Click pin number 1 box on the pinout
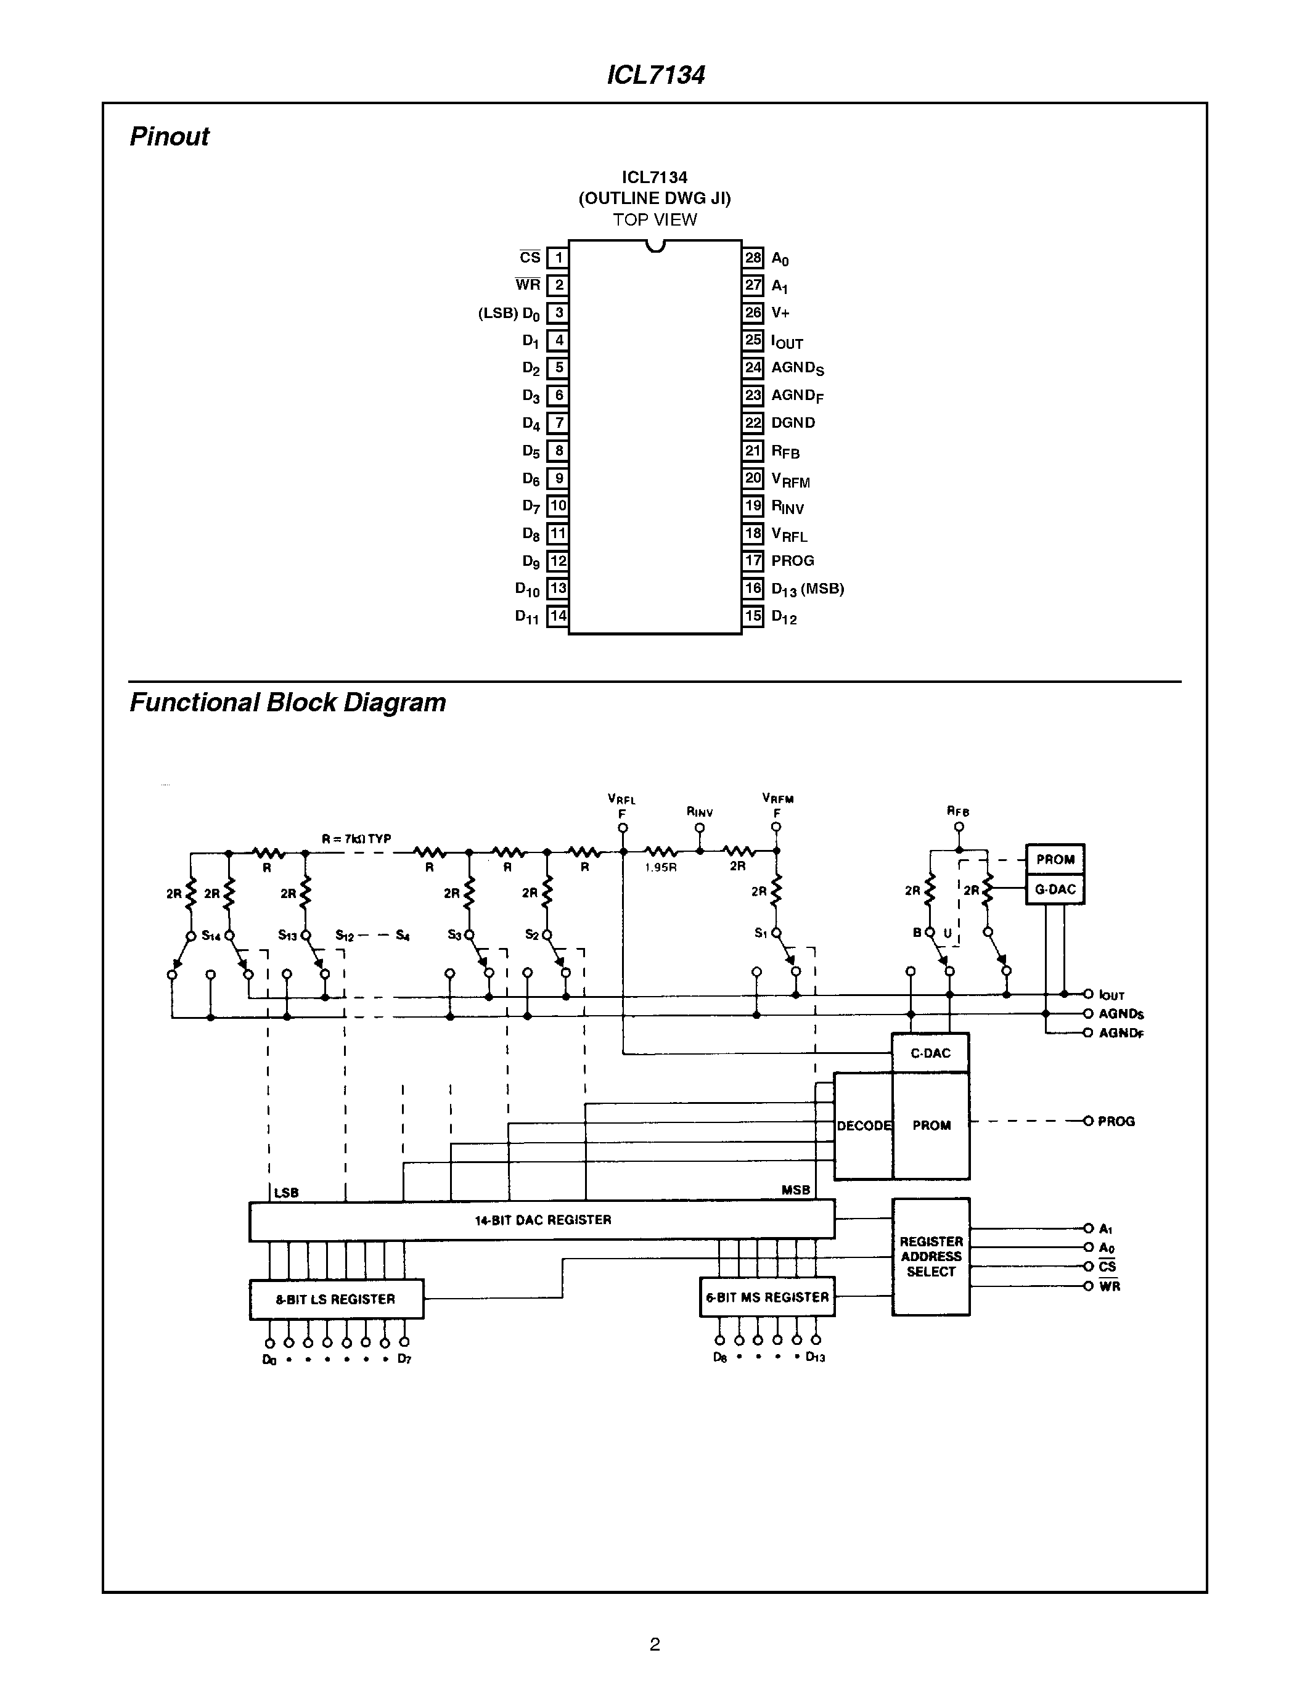(557, 258)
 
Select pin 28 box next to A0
(753, 258)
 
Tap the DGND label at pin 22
(792, 423)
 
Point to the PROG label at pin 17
(792, 560)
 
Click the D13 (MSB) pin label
(807, 589)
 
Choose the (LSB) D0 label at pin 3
(509, 314)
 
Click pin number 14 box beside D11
(557, 616)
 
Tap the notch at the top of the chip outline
(656, 247)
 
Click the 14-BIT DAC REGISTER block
(542, 1220)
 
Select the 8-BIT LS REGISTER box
(336, 1299)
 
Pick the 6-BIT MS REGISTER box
(767, 1297)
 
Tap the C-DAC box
(930, 1053)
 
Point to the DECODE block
(864, 1125)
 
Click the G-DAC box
(1055, 889)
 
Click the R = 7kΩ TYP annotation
(356, 839)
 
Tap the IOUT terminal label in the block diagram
(1111, 995)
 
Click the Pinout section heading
(169, 137)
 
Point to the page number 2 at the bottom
(654, 1644)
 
